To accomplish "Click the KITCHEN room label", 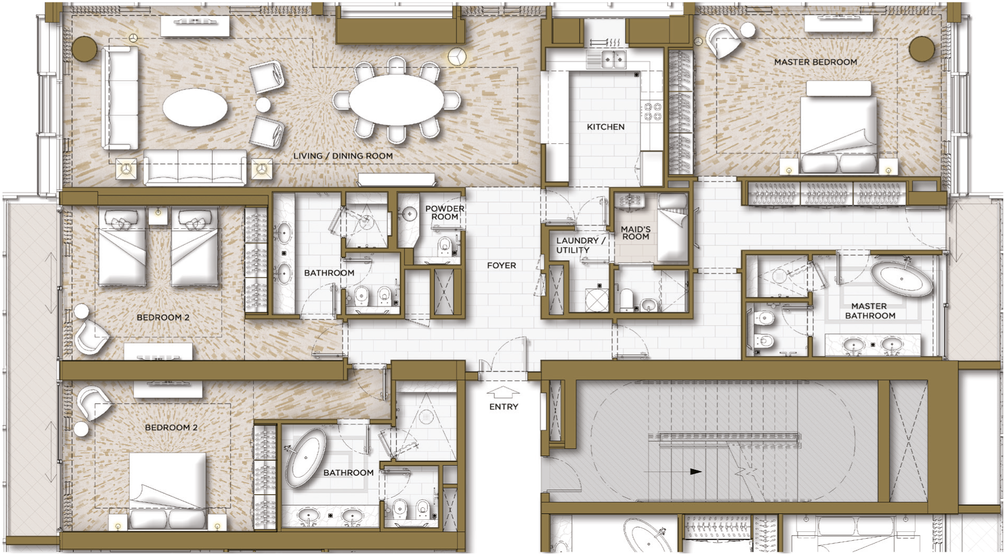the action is [606, 127].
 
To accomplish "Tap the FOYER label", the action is [501, 265].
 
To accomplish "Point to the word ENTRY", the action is [503, 407].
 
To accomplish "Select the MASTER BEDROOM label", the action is [816, 62].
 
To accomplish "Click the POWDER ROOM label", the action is [445, 212].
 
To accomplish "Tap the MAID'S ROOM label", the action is [636, 233].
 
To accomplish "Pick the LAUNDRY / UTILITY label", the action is [580, 245].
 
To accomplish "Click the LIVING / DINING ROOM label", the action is [343, 156].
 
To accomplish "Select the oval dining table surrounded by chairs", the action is [396, 100].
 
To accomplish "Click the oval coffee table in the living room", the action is [195, 108].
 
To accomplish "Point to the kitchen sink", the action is [613, 59].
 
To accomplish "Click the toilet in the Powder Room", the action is [445, 246].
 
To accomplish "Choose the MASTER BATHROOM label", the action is [870, 311].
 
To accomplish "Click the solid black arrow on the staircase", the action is [695, 472].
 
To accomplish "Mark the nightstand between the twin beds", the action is [158, 216].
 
